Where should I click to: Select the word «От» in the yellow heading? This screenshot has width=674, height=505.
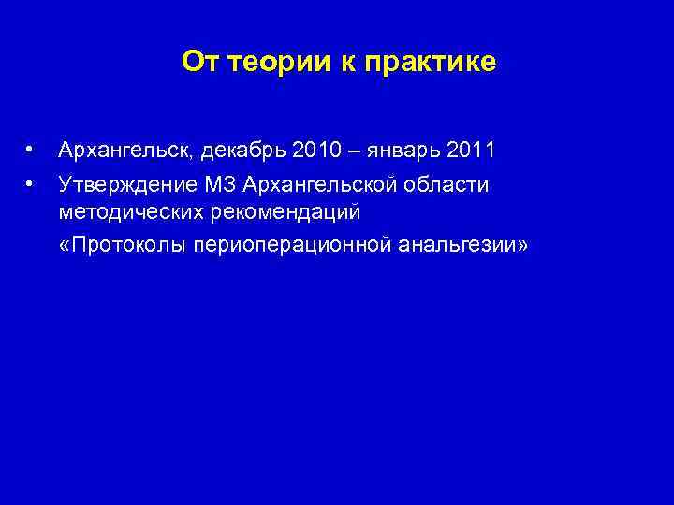(x=198, y=62)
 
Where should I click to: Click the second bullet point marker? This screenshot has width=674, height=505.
(x=31, y=183)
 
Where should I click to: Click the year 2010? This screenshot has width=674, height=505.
(x=316, y=151)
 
